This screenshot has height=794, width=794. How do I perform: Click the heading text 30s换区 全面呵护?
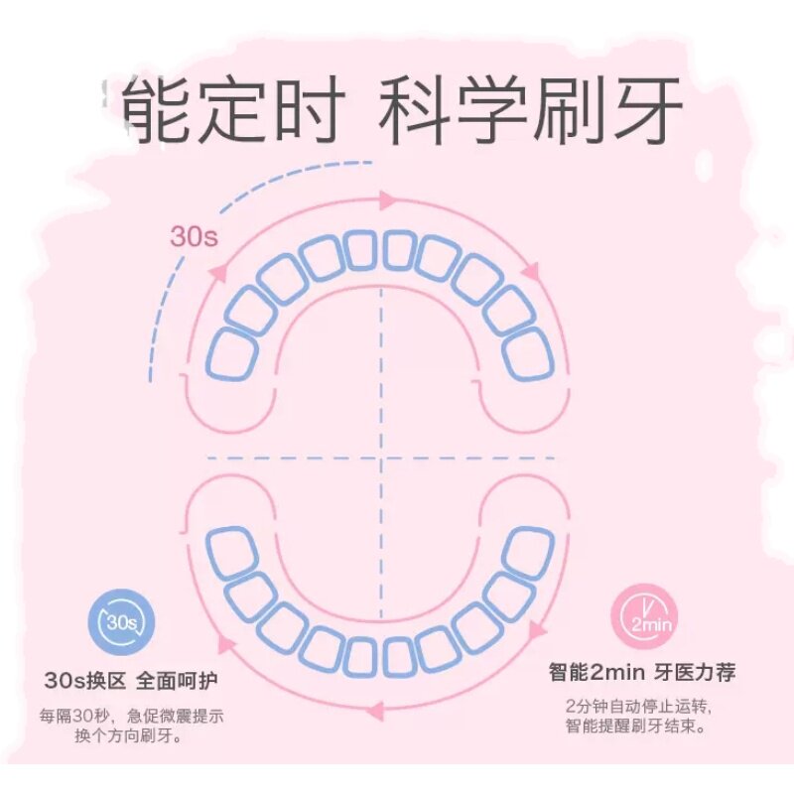point(131,681)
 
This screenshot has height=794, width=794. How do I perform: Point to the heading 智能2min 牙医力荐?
point(643,673)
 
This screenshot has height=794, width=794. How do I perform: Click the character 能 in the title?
point(163,111)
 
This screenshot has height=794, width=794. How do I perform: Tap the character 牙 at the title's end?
point(646,111)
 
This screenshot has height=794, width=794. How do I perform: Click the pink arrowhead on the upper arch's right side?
point(529,270)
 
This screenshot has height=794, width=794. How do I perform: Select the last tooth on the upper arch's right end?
point(527,353)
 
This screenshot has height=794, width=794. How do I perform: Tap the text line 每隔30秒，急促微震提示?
point(131,716)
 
